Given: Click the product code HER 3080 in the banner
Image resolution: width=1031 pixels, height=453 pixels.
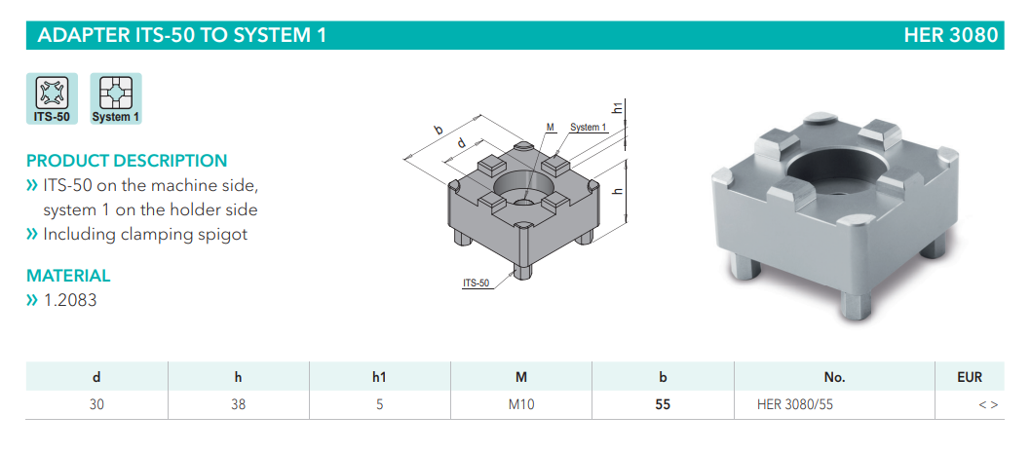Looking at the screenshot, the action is coord(950,35).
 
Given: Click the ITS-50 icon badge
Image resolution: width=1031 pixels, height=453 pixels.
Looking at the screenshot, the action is coord(52,98).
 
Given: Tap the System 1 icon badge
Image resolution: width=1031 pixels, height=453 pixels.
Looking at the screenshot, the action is coord(116,98).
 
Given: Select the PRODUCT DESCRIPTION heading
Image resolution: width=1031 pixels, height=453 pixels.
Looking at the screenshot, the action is coord(127,161).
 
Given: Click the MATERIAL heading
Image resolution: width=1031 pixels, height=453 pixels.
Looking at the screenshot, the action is coord(68,276).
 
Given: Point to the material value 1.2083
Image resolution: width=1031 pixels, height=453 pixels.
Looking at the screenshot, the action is coord(70,300).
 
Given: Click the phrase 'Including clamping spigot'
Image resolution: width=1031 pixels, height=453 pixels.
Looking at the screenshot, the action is coord(145,235).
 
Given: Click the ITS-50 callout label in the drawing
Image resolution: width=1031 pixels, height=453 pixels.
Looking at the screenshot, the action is coord(477,283).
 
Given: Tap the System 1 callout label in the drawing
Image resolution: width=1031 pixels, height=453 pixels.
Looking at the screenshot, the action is coord(588,128).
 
